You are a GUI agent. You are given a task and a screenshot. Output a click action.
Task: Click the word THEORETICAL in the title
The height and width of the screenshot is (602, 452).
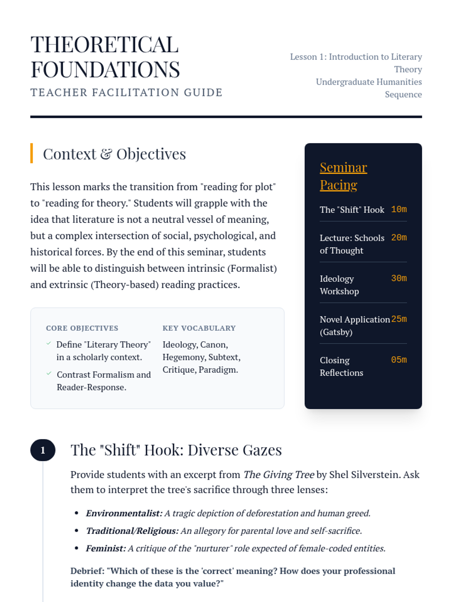[104, 45]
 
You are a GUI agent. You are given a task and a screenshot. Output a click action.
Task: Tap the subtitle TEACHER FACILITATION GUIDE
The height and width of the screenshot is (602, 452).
[126, 93]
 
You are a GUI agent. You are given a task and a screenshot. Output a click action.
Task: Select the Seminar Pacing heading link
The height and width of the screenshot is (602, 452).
[343, 176]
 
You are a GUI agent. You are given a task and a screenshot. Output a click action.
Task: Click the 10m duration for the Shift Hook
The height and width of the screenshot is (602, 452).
[399, 209]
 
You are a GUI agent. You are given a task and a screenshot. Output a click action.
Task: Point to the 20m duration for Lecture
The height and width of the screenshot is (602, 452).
[399, 237]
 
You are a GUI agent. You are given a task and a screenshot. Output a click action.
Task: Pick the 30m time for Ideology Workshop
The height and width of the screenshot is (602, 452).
[399, 278]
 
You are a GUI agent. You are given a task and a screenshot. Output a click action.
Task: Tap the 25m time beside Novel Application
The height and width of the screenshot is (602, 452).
[399, 319]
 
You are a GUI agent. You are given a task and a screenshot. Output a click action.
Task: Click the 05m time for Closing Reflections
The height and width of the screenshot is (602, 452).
[399, 360]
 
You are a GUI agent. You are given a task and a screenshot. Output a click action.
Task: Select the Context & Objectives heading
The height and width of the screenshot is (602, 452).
[114, 154]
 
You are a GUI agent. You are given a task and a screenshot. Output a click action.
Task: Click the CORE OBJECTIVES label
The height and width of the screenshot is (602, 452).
[82, 328]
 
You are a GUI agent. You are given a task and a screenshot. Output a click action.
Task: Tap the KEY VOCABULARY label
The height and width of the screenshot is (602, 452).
[199, 328]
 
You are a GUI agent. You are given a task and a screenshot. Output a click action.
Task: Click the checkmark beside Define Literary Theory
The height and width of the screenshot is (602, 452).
[49, 344]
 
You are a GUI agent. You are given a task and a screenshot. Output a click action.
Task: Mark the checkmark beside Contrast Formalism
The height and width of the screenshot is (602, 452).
[49, 374]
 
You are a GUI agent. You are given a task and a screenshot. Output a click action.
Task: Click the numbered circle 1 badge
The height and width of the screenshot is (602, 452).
[43, 450]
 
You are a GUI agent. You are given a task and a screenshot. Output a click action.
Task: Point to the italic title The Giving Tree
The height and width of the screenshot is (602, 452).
[278, 474]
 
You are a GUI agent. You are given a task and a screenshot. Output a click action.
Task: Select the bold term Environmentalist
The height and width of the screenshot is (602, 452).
[124, 513]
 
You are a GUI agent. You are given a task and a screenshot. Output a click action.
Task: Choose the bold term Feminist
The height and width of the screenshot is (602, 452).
[105, 548]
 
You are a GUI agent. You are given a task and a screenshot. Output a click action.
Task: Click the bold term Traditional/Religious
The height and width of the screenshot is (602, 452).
[132, 531]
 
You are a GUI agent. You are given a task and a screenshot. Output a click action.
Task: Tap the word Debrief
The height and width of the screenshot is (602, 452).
[87, 571]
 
